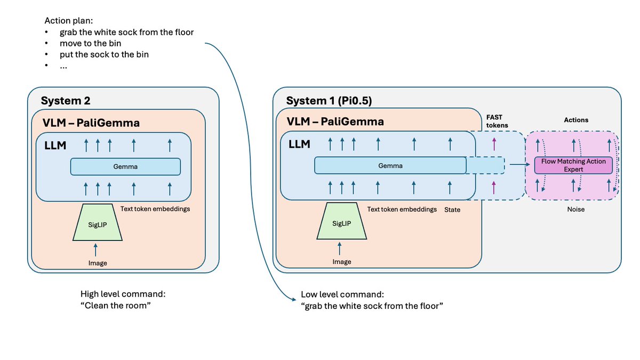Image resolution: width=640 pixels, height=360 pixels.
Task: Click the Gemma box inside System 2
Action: tap(125, 167)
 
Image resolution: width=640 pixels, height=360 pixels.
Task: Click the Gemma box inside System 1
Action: tap(390, 165)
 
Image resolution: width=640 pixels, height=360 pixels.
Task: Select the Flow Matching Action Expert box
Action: tap(573, 165)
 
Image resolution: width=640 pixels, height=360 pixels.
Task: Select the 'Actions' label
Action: tap(576, 120)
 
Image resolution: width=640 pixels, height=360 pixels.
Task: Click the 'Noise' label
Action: tap(575, 210)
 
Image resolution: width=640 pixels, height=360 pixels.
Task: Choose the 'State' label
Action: tap(452, 210)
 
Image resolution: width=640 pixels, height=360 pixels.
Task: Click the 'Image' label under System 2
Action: tap(98, 263)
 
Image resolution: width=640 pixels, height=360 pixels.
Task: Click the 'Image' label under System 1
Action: tap(342, 262)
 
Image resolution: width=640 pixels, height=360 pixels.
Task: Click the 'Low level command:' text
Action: tap(342, 294)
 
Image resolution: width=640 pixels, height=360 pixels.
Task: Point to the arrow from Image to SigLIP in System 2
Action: tap(96, 250)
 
